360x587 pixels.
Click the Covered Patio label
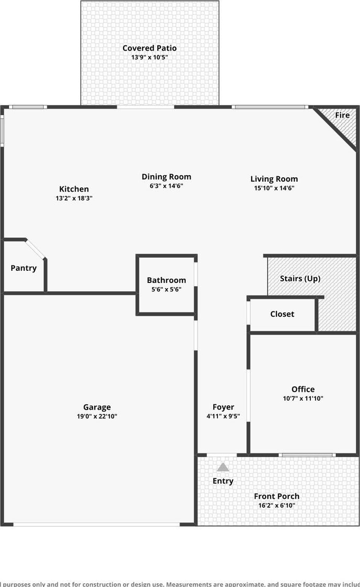149,48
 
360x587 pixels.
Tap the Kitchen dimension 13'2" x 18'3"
74,198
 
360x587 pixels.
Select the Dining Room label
166,177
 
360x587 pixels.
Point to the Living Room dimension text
274,188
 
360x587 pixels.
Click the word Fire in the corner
343,115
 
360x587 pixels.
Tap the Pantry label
24,268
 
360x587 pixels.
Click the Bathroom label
166,280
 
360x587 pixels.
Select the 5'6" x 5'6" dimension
166,289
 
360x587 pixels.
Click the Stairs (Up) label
300,279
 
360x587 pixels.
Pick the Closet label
282,314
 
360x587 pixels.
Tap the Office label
303,390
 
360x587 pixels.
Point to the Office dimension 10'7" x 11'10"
303,399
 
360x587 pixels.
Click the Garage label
97,408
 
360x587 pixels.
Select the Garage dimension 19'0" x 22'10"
97,416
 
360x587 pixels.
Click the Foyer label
223,407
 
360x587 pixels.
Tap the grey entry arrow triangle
223,468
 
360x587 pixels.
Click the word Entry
223,481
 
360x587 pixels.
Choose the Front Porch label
277,496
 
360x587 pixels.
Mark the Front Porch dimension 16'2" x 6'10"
277,505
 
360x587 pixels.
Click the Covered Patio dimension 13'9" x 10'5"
149,58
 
